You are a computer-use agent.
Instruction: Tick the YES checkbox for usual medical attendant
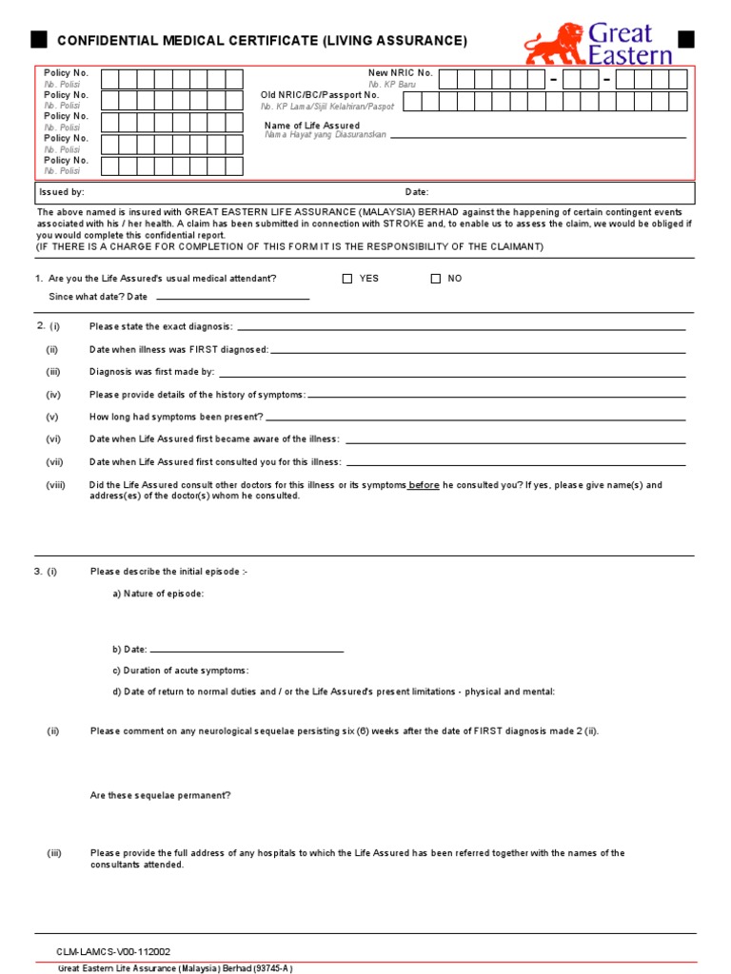(347, 279)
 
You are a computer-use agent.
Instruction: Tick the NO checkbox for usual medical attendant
(436, 279)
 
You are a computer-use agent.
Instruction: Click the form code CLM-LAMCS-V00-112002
(114, 951)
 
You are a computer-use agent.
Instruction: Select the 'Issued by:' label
(62, 192)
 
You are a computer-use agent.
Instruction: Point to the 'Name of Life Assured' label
(311, 126)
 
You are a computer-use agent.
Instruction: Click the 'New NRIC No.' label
(400, 73)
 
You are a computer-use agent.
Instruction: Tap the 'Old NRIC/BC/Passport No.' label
(320, 95)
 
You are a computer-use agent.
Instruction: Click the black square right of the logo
(686, 39)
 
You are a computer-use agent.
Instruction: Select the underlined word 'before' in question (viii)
(424, 485)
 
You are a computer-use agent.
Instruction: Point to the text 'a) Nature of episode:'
(158, 594)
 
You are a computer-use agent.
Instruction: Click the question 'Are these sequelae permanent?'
(160, 795)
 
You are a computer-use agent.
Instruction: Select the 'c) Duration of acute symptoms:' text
(180, 671)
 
